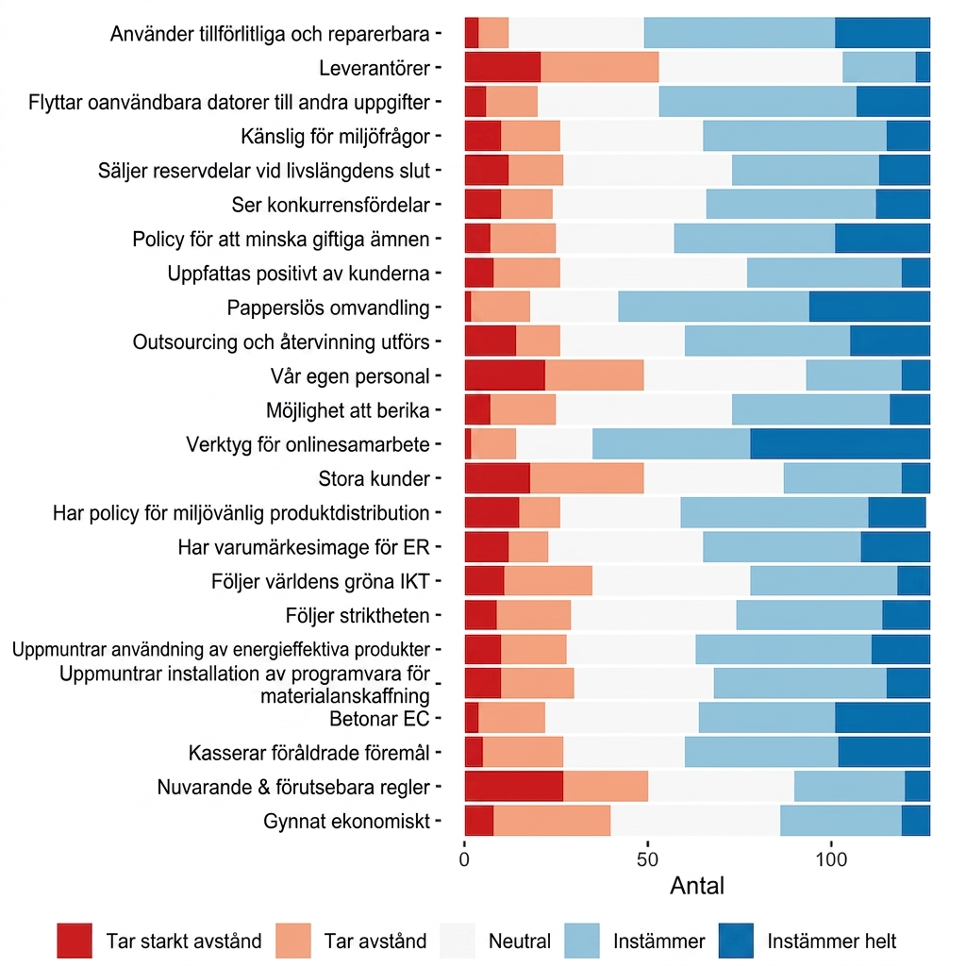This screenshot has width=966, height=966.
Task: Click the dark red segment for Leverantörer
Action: [x=503, y=67]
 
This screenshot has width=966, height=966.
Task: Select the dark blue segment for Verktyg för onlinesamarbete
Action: [x=841, y=444]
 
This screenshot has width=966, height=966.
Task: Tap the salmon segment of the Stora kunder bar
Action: [x=587, y=478]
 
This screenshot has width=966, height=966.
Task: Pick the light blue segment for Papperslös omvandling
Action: [x=714, y=307]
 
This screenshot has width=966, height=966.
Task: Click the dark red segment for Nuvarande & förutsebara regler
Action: [x=514, y=786]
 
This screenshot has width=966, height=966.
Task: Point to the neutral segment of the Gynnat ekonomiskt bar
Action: [x=695, y=821]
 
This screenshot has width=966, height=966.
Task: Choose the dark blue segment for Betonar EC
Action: [x=883, y=718]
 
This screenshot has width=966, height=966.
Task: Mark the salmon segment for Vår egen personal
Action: [x=594, y=375]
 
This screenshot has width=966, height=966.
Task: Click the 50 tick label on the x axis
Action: [x=647, y=858]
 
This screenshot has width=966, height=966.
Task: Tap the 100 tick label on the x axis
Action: [x=831, y=858]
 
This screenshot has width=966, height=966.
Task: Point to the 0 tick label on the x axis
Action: [x=464, y=858]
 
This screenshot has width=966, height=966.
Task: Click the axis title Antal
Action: [x=697, y=886]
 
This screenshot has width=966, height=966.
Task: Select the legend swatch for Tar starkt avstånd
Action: [x=75, y=941]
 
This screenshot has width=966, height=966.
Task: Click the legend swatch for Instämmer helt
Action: [x=736, y=941]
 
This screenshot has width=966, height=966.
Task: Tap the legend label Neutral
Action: [x=520, y=941]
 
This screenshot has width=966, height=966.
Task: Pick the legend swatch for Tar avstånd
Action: [x=293, y=941]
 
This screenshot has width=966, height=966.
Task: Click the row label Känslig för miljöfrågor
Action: [x=335, y=136]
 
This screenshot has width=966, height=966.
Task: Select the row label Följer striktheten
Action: [x=358, y=615]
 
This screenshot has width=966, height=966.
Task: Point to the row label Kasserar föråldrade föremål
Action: [x=309, y=753]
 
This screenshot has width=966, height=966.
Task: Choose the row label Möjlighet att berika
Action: [x=347, y=410]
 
